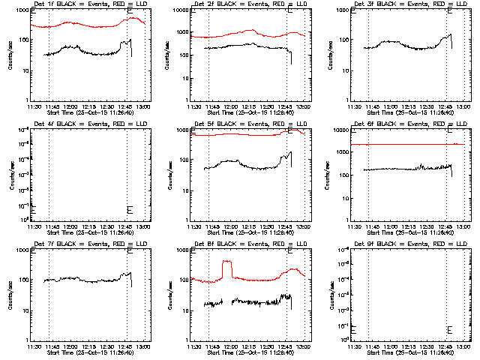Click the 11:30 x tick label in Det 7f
pyautogui.click(x=34, y=346)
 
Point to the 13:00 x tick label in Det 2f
pyautogui.click(x=304, y=106)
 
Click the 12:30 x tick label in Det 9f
pyautogui.click(x=428, y=346)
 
